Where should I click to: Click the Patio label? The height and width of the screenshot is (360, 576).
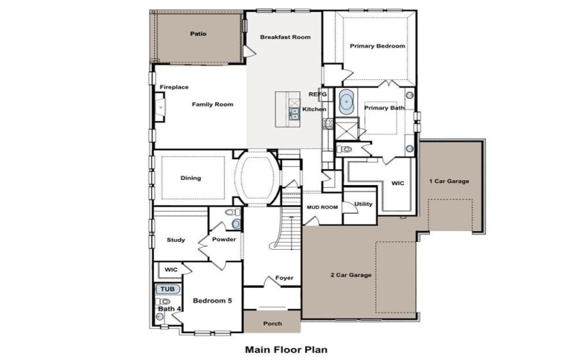pyautogui.click(x=198, y=34)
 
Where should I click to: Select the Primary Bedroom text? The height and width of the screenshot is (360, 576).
pyautogui.click(x=377, y=46)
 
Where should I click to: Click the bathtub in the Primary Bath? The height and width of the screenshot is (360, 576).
pyautogui.click(x=347, y=102)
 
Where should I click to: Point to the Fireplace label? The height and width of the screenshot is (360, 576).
pyautogui.click(x=174, y=87)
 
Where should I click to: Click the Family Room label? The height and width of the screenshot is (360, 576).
pyautogui.click(x=212, y=104)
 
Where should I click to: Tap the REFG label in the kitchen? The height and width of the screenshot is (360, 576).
pyautogui.click(x=318, y=94)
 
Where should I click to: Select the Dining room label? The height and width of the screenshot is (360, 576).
pyautogui.click(x=191, y=178)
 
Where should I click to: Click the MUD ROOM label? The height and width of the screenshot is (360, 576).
pyautogui.click(x=321, y=207)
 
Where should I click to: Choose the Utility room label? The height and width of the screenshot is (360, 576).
pyautogui.click(x=364, y=204)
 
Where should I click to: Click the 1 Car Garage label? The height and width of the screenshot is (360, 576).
pyautogui.click(x=449, y=181)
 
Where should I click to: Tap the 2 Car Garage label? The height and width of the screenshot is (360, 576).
pyautogui.click(x=350, y=275)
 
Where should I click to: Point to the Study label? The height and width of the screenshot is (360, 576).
pyautogui.click(x=176, y=240)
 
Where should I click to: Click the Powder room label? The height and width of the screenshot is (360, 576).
pyautogui.click(x=224, y=239)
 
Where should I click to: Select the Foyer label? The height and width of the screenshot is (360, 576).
pyautogui.click(x=284, y=278)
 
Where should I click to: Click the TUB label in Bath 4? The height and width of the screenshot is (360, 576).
pyautogui.click(x=167, y=289)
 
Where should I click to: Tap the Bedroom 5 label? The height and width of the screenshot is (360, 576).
pyautogui.click(x=212, y=300)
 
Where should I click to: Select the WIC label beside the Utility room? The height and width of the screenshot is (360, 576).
pyautogui.click(x=397, y=183)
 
